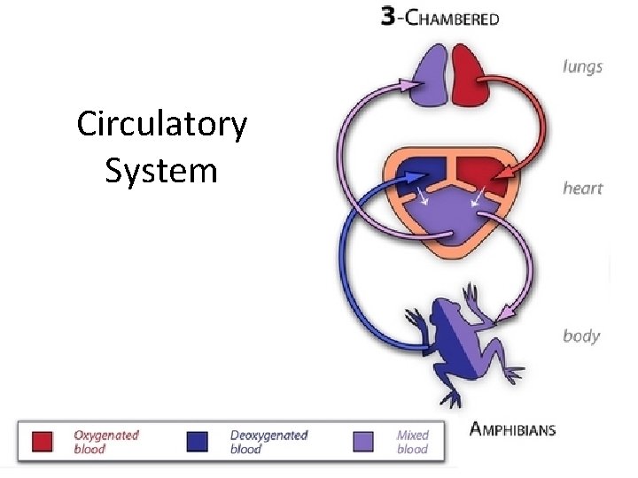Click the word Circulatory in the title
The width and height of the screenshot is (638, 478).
161,125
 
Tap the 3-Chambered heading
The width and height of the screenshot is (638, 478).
440,18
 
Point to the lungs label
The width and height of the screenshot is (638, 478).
581,66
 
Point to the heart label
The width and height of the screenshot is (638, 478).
582,188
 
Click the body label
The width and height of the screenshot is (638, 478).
581,335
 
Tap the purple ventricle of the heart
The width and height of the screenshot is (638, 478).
451,220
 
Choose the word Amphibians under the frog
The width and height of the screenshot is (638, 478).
512,430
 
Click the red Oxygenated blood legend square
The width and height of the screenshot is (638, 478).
42,442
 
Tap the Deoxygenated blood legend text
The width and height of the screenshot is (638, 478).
268,442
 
